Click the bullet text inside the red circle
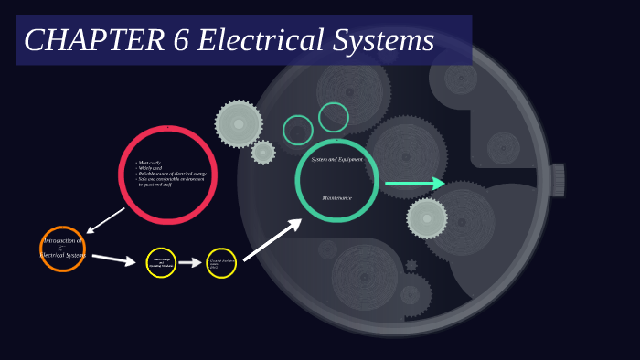[171, 174]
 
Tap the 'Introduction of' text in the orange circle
[62, 240]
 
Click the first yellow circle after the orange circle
[161, 263]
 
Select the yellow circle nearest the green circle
[221, 263]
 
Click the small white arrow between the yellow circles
[190, 263]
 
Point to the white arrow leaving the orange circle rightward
[113, 259]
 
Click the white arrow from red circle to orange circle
[104, 220]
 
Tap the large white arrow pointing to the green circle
[272, 239]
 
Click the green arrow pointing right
[414, 184]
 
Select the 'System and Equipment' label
[336, 159]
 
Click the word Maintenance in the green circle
[336, 197]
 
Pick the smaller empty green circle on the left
[298, 130]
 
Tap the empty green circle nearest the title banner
[334, 117]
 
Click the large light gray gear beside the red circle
[239, 124]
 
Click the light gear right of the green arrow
[427, 218]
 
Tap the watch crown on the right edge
[557, 180]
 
